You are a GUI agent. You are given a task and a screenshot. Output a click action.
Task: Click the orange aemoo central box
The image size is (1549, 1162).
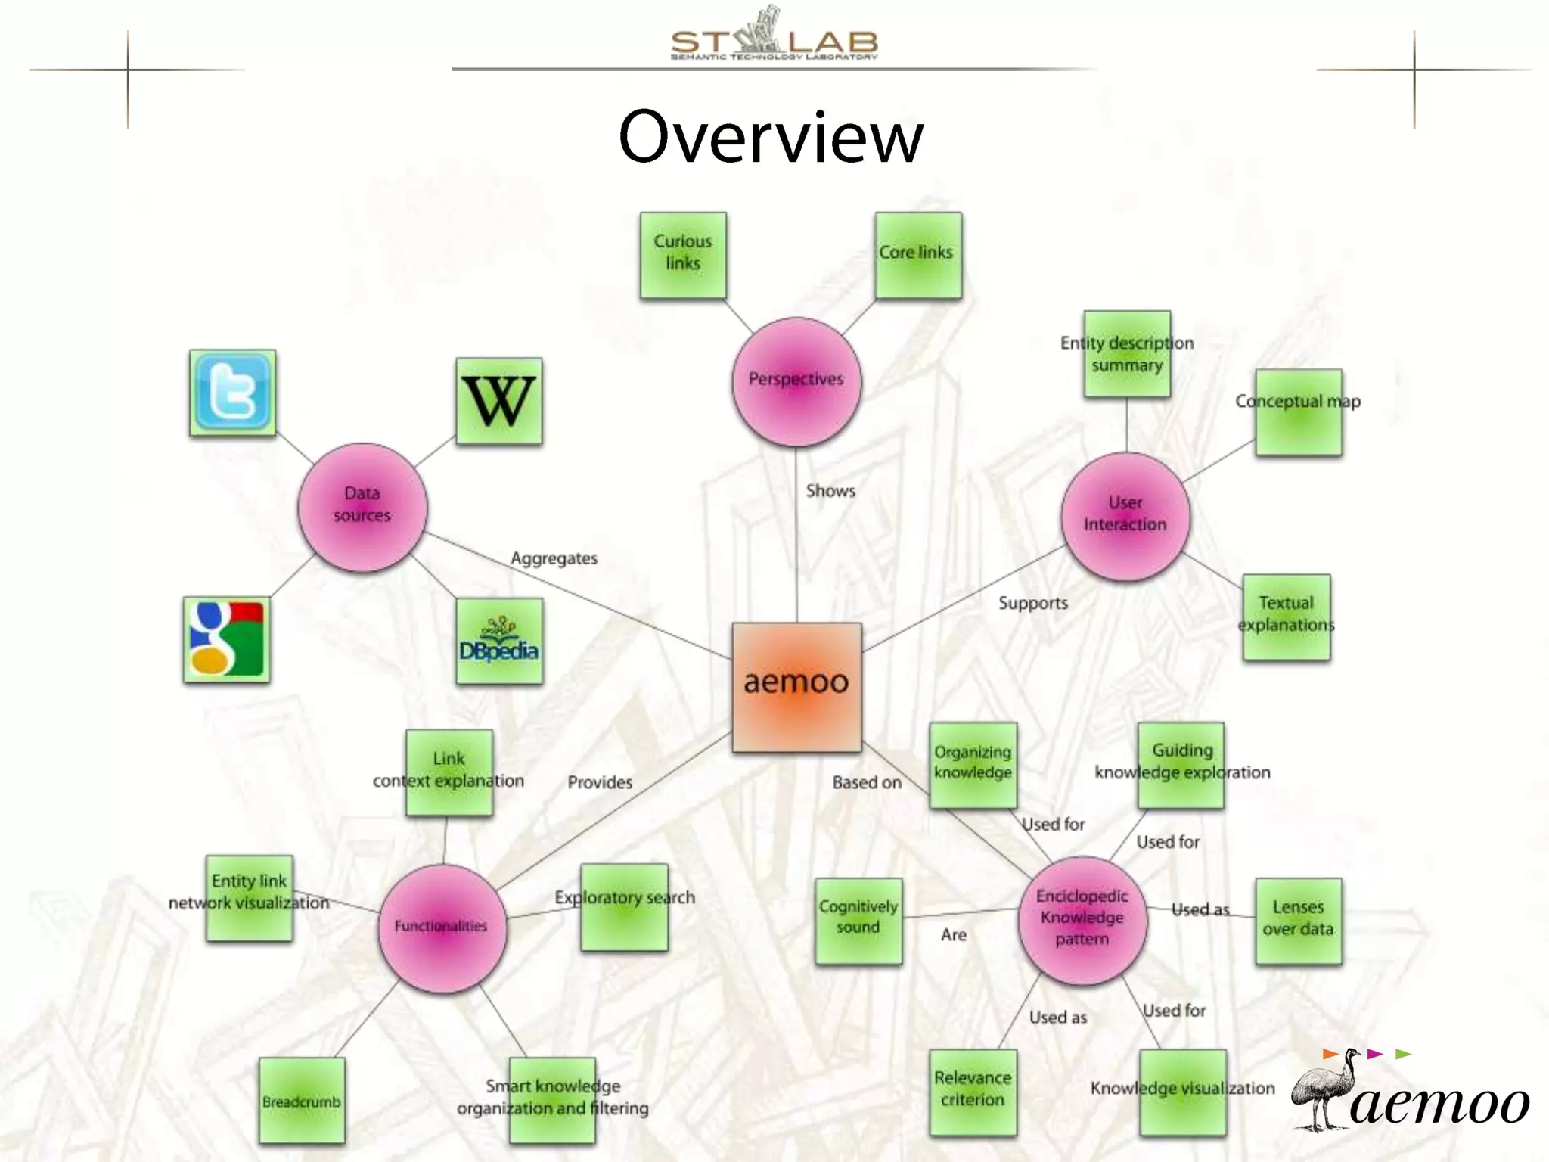pyautogui.click(x=796, y=687)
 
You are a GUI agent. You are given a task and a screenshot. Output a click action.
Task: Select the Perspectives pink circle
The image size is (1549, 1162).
pyautogui.click(x=796, y=381)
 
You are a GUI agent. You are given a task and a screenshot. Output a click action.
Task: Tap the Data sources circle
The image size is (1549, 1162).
pyautogui.click(x=362, y=507)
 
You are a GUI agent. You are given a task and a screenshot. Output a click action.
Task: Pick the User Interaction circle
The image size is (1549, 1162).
pyautogui.click(x=1125, y=516)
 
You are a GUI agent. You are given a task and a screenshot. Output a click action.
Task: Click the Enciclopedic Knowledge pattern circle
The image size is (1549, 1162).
pyautogui.click(x=1082, y=919)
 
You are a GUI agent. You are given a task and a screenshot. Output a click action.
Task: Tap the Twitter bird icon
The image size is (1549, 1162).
pyautogui.click(x=232, y=393)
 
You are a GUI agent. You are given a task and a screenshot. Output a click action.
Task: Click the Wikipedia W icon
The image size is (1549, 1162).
pyautogui.click(x=499, y=401)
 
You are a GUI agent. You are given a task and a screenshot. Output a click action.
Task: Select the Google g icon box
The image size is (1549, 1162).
pyautogui.click(x=227, y=639)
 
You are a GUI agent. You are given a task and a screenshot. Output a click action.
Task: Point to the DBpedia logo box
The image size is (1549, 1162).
pyautogui.click(x=499, y=642)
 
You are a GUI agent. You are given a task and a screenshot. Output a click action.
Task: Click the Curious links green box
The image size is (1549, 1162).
pyautogui.click(x=683, y=254)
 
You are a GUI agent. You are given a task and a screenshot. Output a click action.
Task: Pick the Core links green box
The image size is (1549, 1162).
pyautogui.click(x=917, y=254)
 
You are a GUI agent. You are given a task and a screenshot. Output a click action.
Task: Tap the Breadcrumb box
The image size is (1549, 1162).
pyautogui.click(x=302, y=1100)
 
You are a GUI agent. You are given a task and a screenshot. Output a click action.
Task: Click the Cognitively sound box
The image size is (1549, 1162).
pyautogui.click(x=858, y=920)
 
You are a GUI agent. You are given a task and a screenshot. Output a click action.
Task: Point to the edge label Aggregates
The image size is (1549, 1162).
pyautogui.click(x=554, y=558)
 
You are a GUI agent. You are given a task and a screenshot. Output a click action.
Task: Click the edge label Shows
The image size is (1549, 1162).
pyautogui.click(x=830, y=491)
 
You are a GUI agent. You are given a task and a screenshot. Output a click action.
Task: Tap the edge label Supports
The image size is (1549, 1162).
pyautogui.click(x=1033, y=603)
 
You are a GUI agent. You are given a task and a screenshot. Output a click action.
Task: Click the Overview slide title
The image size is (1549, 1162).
pyautogui.click(x=771, y=137)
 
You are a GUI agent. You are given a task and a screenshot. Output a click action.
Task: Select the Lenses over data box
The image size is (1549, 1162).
pyautogui.click(x=1298, y=920)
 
